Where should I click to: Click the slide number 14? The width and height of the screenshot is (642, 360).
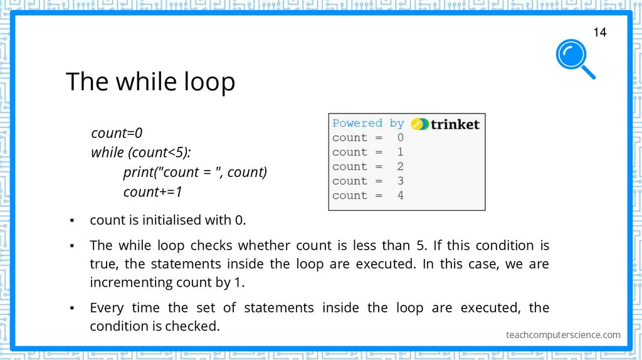pyautogui.click(x=599, y=32)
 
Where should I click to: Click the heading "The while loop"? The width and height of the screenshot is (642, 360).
pyautogui.click(x=150, y=82)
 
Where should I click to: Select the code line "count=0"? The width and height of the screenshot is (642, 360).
pyautogui.click(x=117, y=133)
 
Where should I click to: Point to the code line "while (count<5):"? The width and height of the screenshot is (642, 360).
pyautogui.click(x=141, y=152)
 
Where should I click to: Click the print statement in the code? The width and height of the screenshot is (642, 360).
pyautogui.click(x=195, y=172)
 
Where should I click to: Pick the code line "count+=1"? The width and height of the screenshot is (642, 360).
pyautogui.click(x=152, y=192)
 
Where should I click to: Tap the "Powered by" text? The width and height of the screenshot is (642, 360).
pyautogui.click(x=368, y=123)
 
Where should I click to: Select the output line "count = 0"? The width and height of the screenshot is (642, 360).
pyautogui.click(x=368, y=137)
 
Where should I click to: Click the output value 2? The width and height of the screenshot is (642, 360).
pyautogui.click(x=400, y=166)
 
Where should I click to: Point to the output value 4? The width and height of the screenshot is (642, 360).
pyautogui.click(x=400, y=195)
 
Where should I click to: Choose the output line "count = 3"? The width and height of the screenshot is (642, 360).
pyautogui.click(x=368, y=181)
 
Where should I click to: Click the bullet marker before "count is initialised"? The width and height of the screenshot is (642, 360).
pyautogui.click(x=73, y=221)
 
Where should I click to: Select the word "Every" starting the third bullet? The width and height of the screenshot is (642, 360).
pyautogui.click(x=107, y=308)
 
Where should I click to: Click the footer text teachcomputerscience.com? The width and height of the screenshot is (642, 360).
pyautogui.click(x=563, y=335)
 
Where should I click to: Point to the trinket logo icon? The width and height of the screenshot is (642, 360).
pyautogui.click(x=420, y=124)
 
